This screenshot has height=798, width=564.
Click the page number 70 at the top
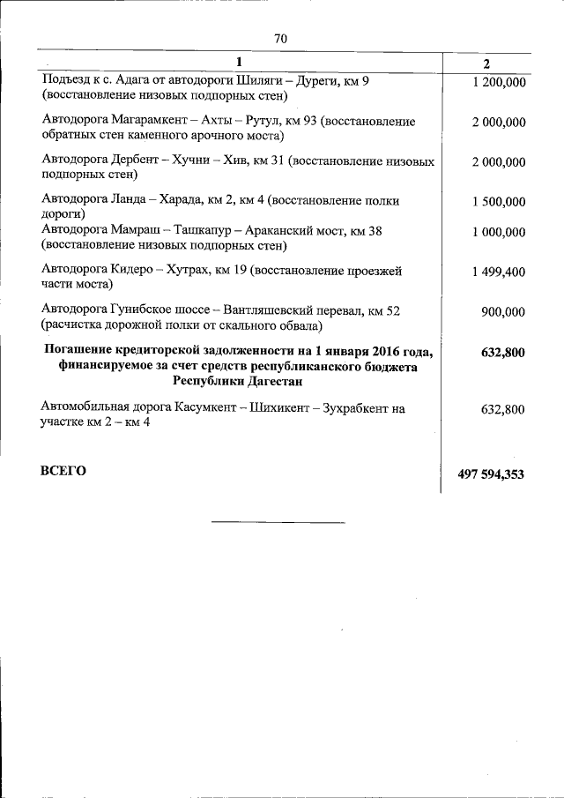coord(281,39)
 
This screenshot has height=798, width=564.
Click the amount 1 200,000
coord(499,82)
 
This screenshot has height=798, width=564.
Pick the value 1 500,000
coord(499,202)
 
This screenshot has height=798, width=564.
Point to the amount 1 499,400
coord(499,272)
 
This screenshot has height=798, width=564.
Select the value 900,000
coord(504,311)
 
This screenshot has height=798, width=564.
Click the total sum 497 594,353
coord(491,474)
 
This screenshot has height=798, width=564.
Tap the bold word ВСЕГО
coord(63,471)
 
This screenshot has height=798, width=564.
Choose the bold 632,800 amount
coord(503,353)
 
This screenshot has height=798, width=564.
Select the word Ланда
coord(130,201)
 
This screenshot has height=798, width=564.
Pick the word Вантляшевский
coord(278,310)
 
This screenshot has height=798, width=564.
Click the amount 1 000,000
coord(499,232)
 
